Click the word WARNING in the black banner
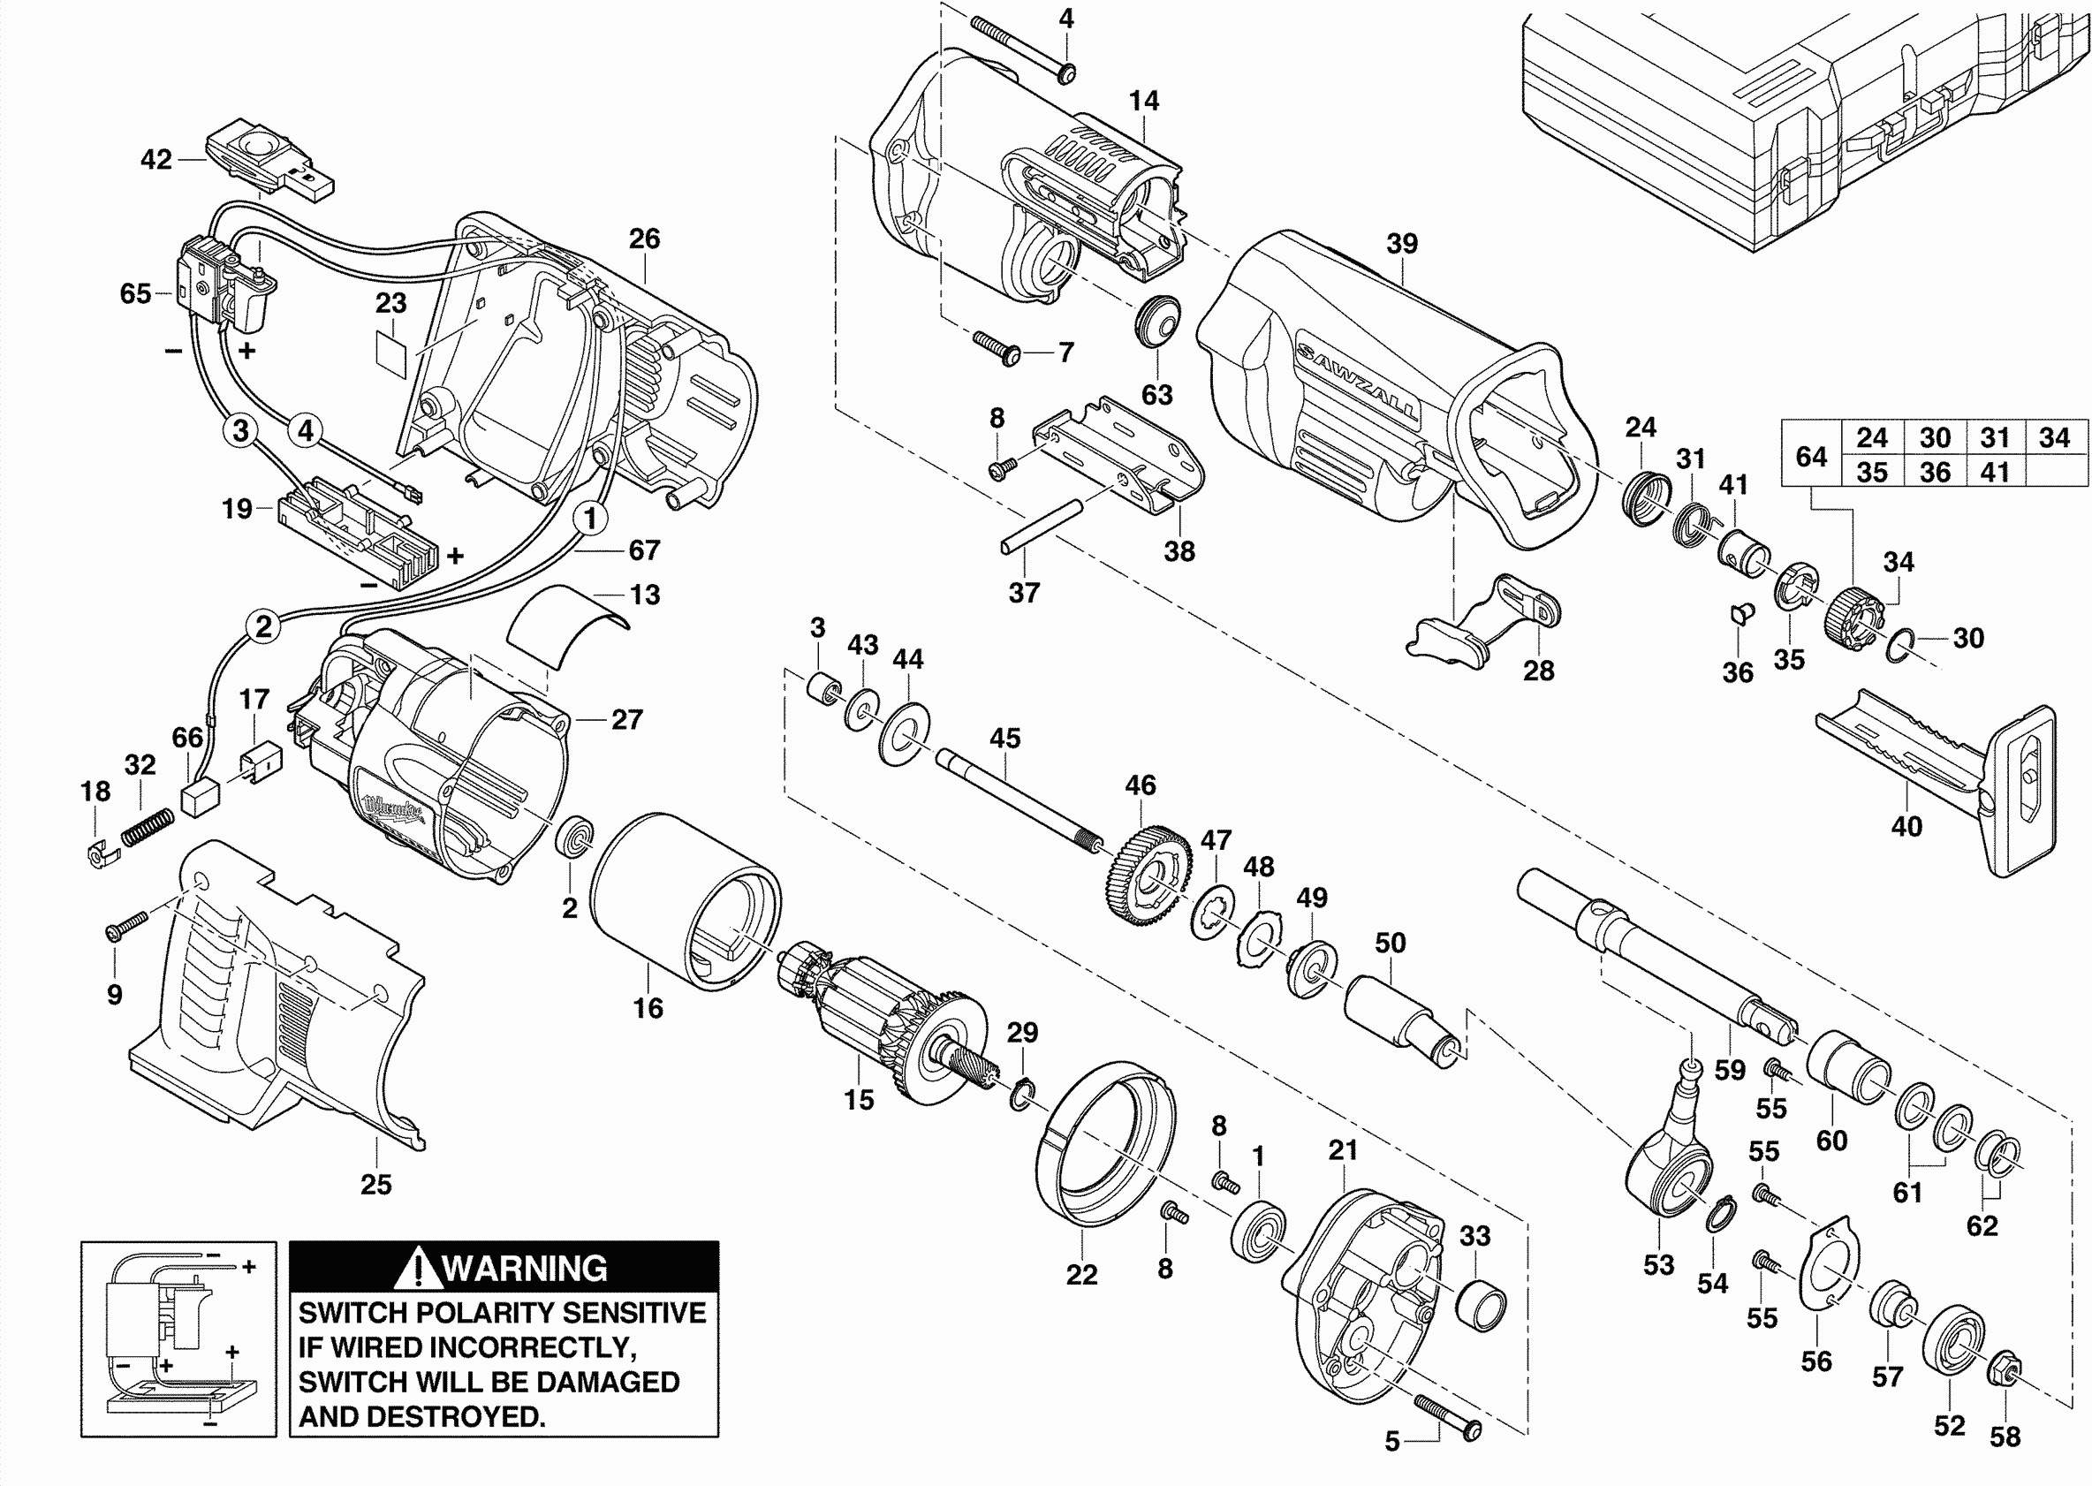click(525, 1269)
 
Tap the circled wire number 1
click(590, 518)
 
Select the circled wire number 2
click(263, 626)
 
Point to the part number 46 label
click(1140, 785)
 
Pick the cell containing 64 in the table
click(1811, 456)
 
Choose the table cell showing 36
click(1935, 472)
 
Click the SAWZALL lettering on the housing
click(1358, 383)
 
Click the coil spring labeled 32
click(148, 828)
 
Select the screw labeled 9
click(126, 925)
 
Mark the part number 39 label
click(1401, 244)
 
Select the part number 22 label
click(1081, 1274)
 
